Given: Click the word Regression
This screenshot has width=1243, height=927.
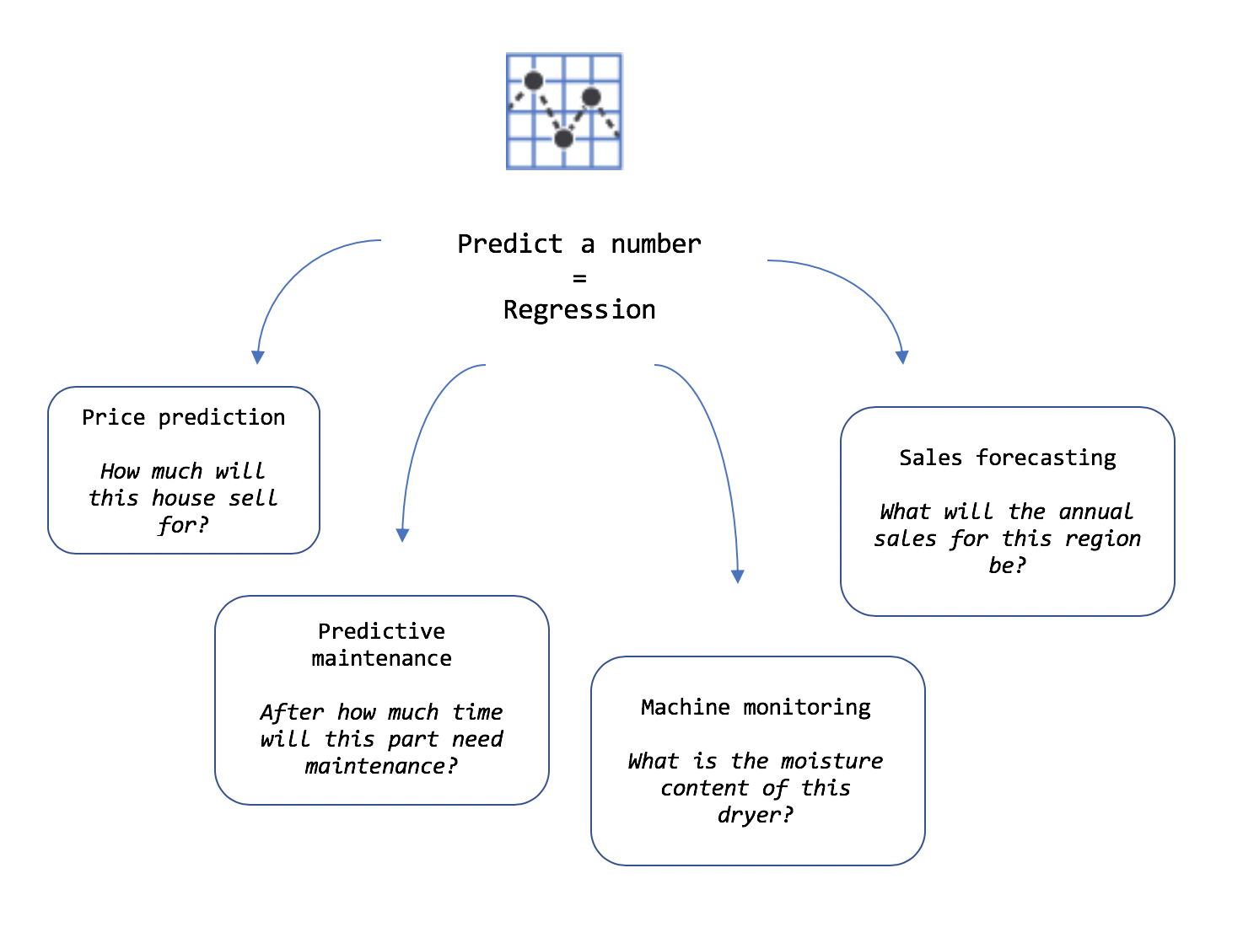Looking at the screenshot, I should tap(579, 310).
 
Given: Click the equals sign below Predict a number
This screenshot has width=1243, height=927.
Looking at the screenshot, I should tap(579, 277).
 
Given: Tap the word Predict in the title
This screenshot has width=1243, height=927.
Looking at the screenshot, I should tap(509, 244).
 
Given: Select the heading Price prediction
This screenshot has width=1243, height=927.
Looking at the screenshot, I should tap(183, 417).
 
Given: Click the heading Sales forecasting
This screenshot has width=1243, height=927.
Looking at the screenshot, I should tap(1007, 458).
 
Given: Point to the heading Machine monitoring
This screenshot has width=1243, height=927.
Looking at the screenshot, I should tap(756, 707).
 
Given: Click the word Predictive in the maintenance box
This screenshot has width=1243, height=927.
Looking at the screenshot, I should tap(381, 631).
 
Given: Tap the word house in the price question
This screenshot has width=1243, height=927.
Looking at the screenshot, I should tap(183, 498).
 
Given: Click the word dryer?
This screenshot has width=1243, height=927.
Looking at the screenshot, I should tap(756, 815).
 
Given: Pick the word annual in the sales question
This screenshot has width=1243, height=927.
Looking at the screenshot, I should tap(1095, 512).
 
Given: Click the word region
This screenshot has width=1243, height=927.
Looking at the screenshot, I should tap(1102, 539).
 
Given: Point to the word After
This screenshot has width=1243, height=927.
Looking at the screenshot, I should tap(291, 712).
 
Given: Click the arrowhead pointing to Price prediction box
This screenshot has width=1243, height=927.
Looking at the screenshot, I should tap(258, 357).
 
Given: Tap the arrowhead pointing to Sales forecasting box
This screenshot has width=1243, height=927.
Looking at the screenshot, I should tap(902, 357).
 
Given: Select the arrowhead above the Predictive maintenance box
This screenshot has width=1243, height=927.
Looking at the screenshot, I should tap(402, 535).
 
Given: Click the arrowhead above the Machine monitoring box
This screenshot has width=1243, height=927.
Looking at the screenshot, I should tap(738, 576).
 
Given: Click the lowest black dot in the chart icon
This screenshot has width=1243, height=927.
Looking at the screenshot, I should tap(563, 138).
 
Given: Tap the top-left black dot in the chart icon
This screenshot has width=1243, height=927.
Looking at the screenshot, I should tap(534, 81).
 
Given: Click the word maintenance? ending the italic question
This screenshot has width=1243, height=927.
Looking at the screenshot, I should tap(381, 766).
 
